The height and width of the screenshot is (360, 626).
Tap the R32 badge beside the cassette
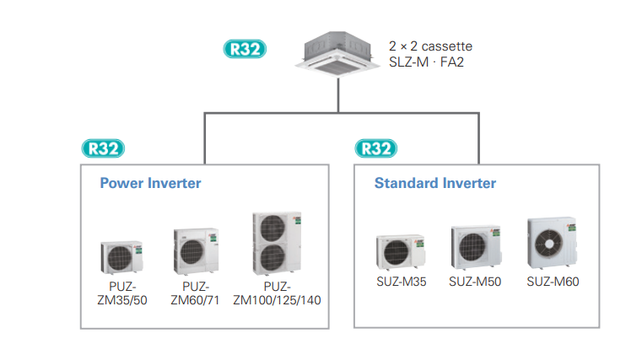click(x=246, y=49)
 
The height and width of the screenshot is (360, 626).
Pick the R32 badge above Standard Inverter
click(x=376, y=149)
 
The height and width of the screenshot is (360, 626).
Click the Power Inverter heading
click(x=150, y=183)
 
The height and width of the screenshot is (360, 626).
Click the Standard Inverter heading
click(x=435, y=183)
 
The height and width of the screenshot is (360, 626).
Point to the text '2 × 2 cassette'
click(x=430, y=46)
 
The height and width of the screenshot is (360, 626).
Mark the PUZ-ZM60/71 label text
click(x=195, y=293)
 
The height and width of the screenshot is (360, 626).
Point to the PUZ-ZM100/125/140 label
click(x=277, y=293)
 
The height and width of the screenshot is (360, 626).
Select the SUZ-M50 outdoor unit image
click(x=475, y=246)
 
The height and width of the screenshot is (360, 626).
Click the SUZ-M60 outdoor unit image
click(x=553, y=244)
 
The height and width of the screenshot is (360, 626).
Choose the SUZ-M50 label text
click(x=475, y=282)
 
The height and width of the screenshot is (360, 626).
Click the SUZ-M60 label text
click(x=553, y=282)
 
